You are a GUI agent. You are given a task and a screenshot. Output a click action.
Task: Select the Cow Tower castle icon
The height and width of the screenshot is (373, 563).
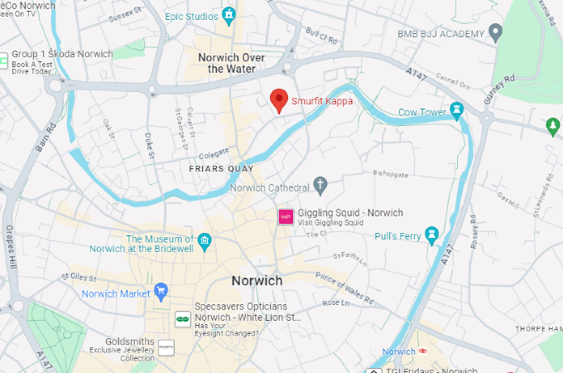(456, 111)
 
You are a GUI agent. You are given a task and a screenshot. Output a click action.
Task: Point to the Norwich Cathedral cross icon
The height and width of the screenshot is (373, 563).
(321, 184)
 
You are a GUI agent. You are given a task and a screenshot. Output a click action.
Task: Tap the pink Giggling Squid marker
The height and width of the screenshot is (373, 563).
(286, 216)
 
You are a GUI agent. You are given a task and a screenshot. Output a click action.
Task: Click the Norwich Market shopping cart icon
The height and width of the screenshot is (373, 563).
(161, 292)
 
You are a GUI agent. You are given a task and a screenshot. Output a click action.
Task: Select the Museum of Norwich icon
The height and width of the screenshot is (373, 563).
(204, 240)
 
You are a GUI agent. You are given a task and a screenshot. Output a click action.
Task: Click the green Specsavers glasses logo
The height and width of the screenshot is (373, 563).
(180, 317)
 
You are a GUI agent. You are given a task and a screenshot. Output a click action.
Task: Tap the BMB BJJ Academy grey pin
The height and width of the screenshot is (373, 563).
(496, 34)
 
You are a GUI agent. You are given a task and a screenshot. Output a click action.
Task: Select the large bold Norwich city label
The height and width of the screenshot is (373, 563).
(257, 281)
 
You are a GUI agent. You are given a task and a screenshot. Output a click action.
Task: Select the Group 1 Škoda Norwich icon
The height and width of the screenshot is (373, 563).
(4, 60)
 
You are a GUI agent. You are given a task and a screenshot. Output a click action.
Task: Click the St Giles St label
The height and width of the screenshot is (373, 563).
(79, 277)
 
